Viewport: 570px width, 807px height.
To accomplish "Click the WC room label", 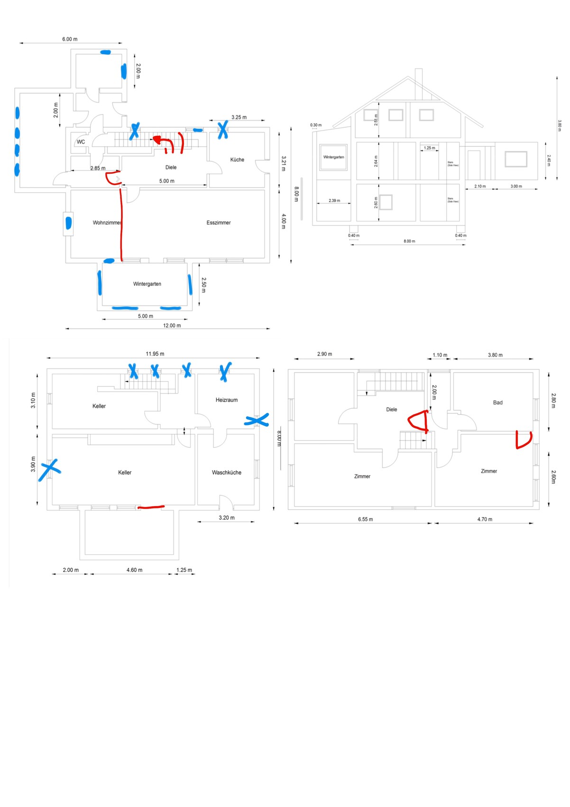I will point(81,142).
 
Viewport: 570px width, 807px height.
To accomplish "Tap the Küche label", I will point(237,160).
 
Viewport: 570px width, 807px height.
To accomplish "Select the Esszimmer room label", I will point(219,223).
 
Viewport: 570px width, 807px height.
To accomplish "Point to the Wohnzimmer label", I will point(107,223).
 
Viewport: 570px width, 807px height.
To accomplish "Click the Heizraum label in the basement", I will point(227,400).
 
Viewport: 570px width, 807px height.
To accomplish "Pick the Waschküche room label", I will point(227,472).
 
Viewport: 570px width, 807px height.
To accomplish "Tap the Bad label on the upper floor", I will point(497,403).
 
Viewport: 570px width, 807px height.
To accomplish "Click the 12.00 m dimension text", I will point(172,326).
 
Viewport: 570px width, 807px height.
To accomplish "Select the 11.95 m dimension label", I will point(155,354).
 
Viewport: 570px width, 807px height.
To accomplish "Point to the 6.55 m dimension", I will point(365,519).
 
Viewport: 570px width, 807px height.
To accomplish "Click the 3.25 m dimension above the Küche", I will point(239,117).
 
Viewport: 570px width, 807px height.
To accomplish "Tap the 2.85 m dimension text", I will point(98,168).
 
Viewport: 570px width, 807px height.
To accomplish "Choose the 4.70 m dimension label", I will point(485,519).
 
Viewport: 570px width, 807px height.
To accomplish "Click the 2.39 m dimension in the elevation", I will point(334,200).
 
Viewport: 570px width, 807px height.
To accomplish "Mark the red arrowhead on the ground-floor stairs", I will point(156,140).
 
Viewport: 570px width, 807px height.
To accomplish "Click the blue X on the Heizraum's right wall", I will point(257,420).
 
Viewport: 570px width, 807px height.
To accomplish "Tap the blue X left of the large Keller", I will point(49,469).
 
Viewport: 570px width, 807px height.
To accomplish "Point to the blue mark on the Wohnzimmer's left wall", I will point(68,223).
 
